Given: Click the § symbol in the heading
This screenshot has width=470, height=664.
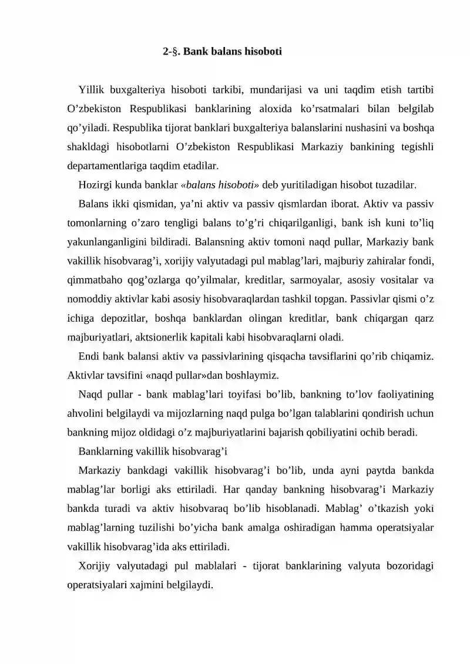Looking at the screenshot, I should pos(174,52).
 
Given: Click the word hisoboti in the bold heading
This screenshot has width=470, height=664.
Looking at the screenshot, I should pos(263,52).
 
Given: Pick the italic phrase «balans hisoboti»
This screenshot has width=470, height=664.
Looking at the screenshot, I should pos(220,185).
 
